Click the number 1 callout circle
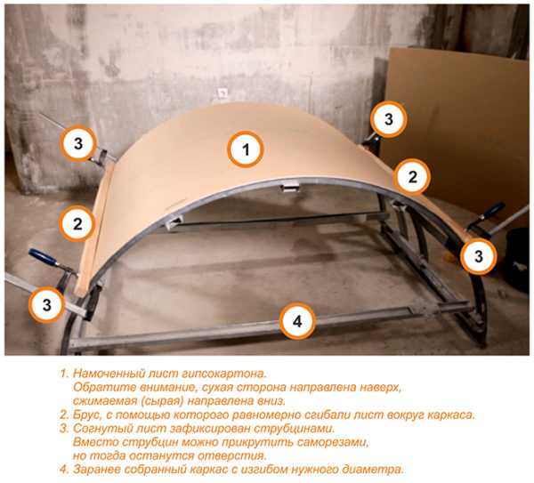pos(246,149)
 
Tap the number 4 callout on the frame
pos(297,321)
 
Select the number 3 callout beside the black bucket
pos(478,256)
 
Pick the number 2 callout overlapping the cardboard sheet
pos(412,177)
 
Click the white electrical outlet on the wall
pos(222,93)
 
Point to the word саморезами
pos(333,442)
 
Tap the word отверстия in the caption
pos(231,456)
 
